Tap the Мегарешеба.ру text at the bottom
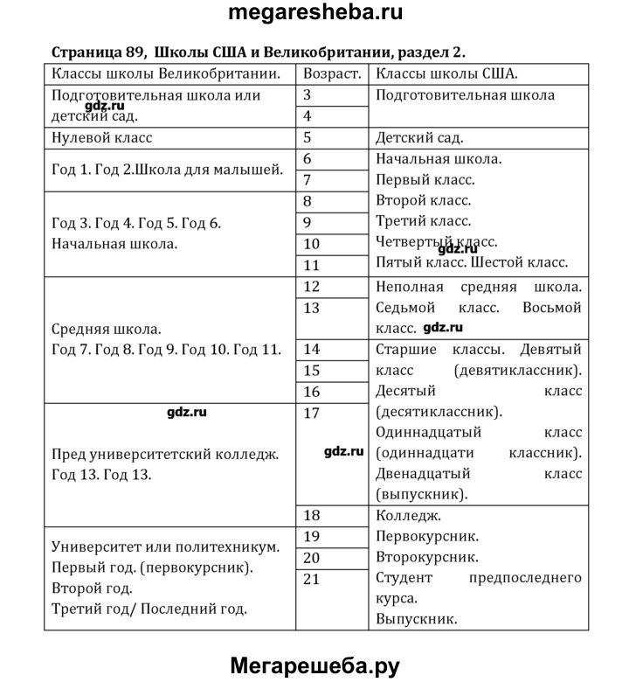point(314,666)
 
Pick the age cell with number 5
point(308,137)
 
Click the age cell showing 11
point(312,265)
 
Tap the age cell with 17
point(312,414)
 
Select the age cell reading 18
point(312,515)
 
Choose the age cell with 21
point(312,578)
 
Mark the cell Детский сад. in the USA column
point(418,137)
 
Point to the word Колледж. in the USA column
point(408,515)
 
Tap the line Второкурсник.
point(426,556)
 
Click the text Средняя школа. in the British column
point(107,330)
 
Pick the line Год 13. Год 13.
point(101,476)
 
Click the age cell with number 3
point(308,94)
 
